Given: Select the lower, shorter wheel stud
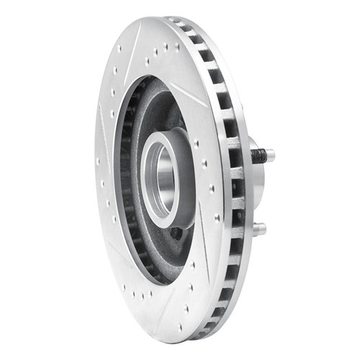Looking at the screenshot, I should pyautogui.click(x=259, y=228).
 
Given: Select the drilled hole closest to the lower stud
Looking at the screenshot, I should pyautogui.click(x=217, y=216).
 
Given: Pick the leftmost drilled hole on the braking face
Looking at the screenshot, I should pyautogui.click(x=97, y=162).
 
